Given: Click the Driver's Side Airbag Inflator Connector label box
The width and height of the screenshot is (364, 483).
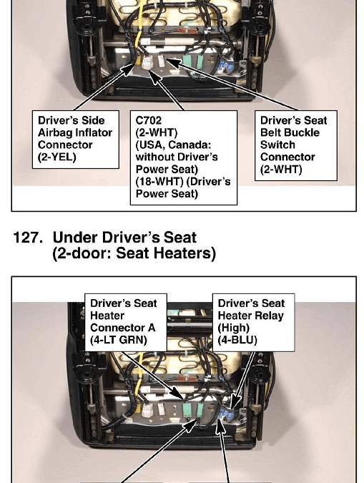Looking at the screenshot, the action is (x=76, y=140).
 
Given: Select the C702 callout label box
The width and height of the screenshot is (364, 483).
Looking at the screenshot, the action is (x=184, y=157).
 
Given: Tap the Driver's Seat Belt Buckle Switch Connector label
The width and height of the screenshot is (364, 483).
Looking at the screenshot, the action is (x=295, y=145).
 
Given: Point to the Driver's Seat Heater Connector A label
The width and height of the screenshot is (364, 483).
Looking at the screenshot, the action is (x=126, y=322).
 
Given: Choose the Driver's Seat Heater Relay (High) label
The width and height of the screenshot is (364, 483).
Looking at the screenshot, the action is (x=253, y=322).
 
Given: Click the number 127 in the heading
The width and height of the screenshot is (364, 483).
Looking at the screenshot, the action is (x=28, y=238).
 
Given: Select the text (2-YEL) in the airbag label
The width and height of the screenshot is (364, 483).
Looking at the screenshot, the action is (x=57, y=157).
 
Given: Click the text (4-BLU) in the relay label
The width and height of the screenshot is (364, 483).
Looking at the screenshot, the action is (x=237, y=340).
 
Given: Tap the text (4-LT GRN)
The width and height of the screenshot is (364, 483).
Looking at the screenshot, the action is (x=119, y=340).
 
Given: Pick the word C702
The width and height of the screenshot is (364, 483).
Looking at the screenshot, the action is (x=149, y=120).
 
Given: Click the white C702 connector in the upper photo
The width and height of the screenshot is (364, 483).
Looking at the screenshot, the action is (x=147, y=62).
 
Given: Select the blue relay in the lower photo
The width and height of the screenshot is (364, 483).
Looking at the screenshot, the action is (x=226, y=415).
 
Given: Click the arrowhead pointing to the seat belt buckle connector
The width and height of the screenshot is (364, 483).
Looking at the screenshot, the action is (x=173, y=62).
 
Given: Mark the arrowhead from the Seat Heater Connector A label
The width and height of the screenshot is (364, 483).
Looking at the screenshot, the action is (x=178, y=394).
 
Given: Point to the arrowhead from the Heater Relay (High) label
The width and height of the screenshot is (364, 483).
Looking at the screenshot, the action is (x=235, y=403).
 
